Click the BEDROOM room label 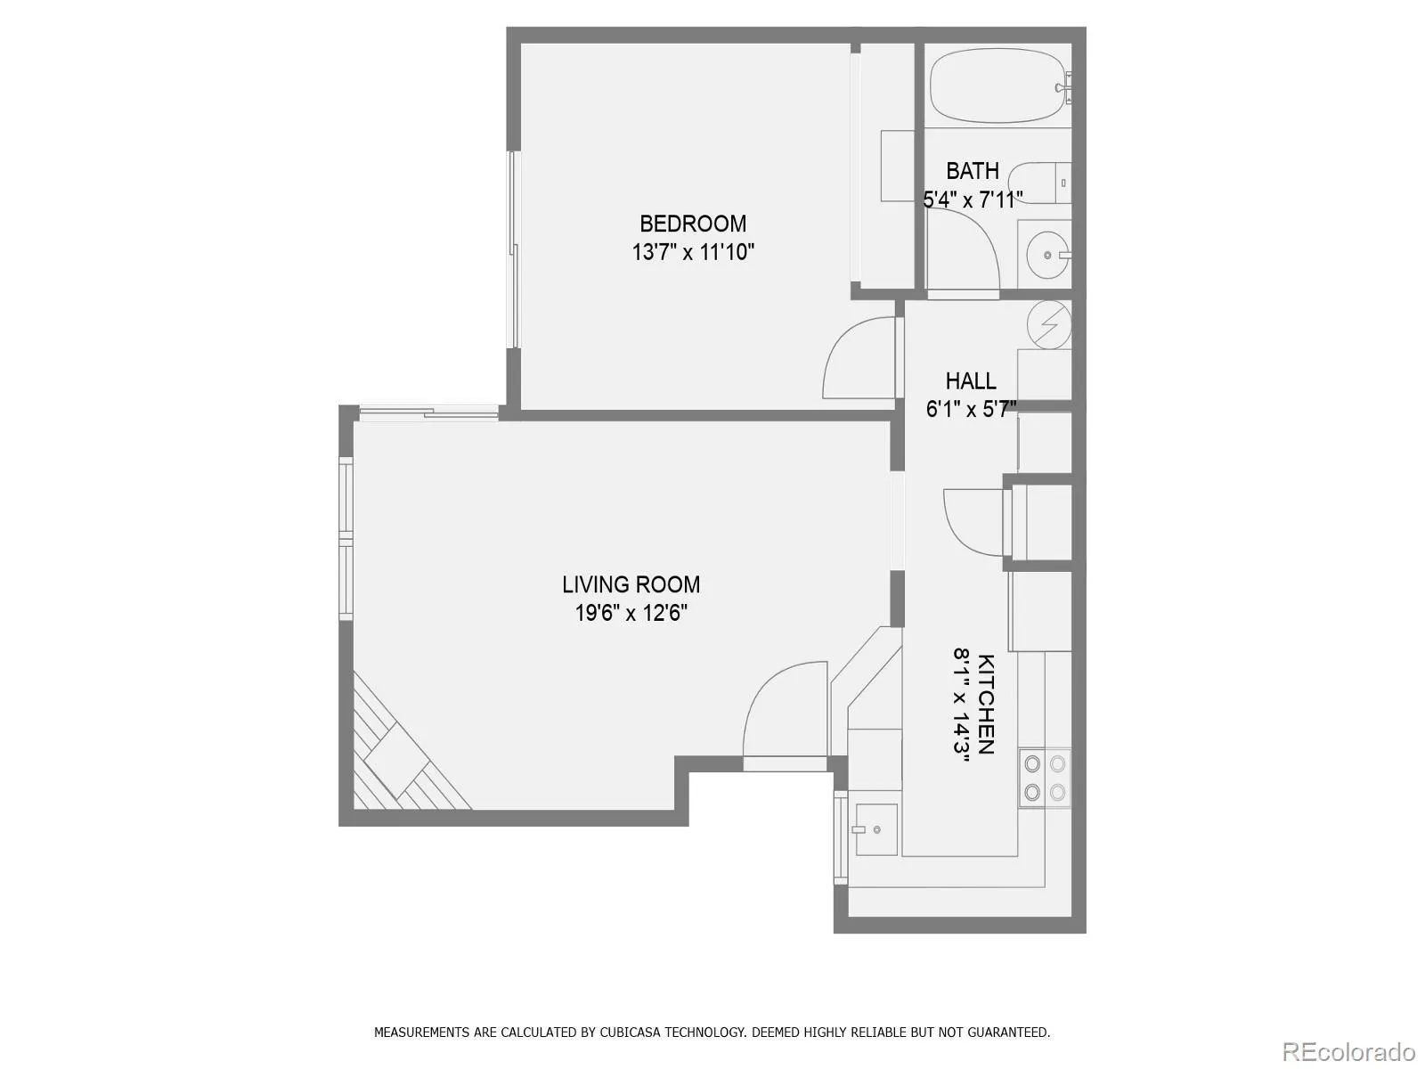pyautogui.click(x=693, y=224)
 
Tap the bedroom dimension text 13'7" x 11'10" pyautogui.click(x=693, y=252)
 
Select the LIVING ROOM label pyautogui.click(x=631, y=584)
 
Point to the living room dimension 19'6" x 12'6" pyautogui.click(x=631, y=613)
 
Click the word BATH pyautogui.click(x=972, y=171)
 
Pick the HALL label pyautogui.click(x=971, y=380)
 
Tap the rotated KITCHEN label pyautogui.click(x=986, y=705)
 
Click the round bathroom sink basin pyautogui.click(x=1047, y=255)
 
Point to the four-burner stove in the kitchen pyautogui.click(x=1045, y=779)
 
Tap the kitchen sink pyautogui.click(x=876, y=829)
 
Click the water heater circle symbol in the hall pyautogui.click(x=1049, y=324)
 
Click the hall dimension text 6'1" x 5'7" pyautogui.click(x=971, y=409)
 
